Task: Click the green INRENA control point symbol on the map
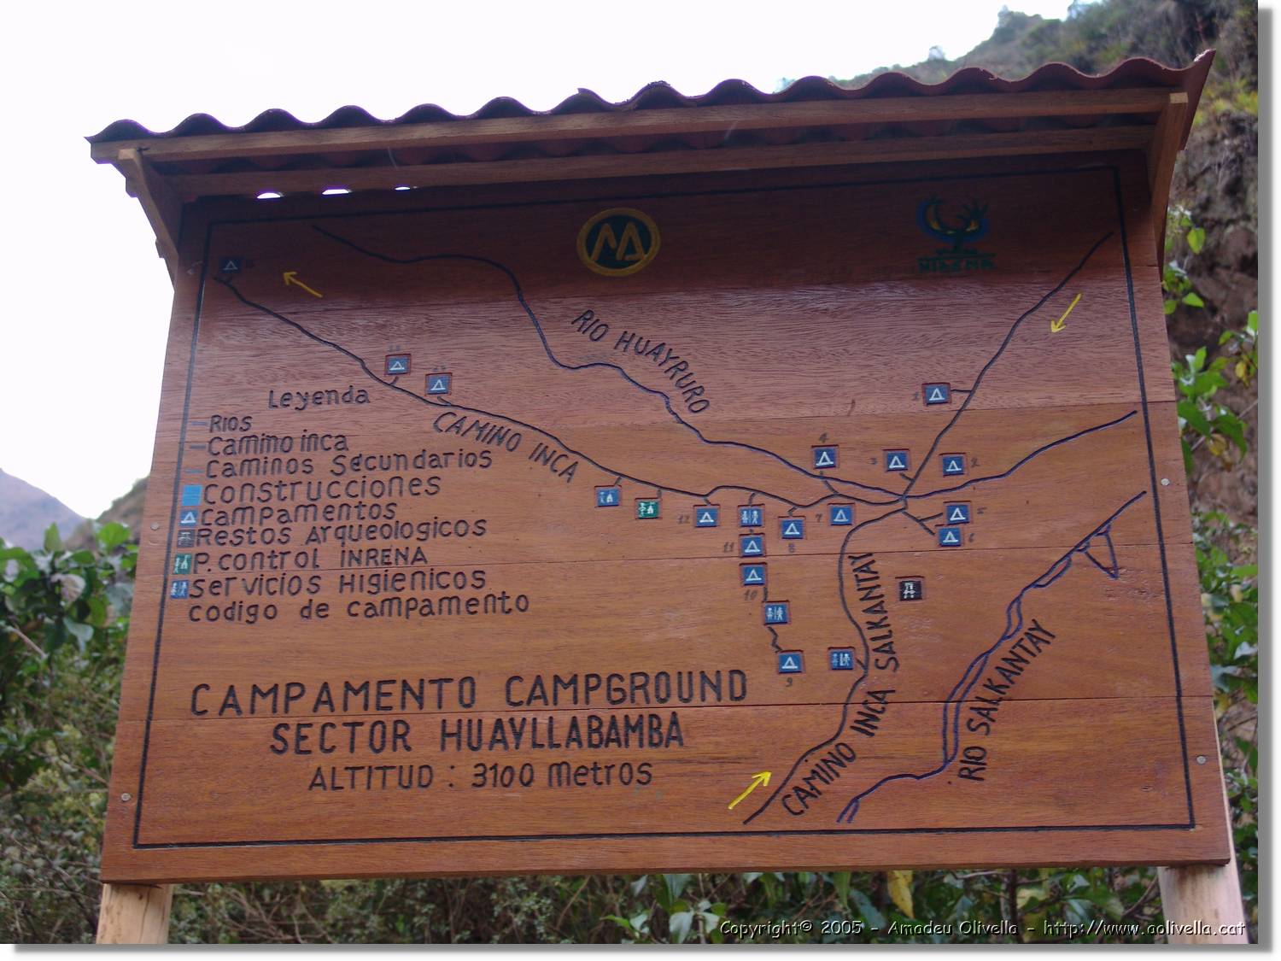tap(647, 508)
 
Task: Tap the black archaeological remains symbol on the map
tap(909, 589)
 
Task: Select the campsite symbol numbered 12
tap(705, 516)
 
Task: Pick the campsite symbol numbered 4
tap(824, 457)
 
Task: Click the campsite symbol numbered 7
tap(841, 515)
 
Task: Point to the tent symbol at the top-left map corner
tap(229, 266)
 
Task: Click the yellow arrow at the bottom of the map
tap(749, 789)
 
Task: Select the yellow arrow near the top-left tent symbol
tap(302, 284)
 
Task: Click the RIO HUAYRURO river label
tap(639, 360)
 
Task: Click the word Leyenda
tap(318, 397)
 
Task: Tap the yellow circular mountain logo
tap(618, 242)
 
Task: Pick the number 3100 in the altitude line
tap(505, 775)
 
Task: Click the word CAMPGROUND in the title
tap(625, 689)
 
